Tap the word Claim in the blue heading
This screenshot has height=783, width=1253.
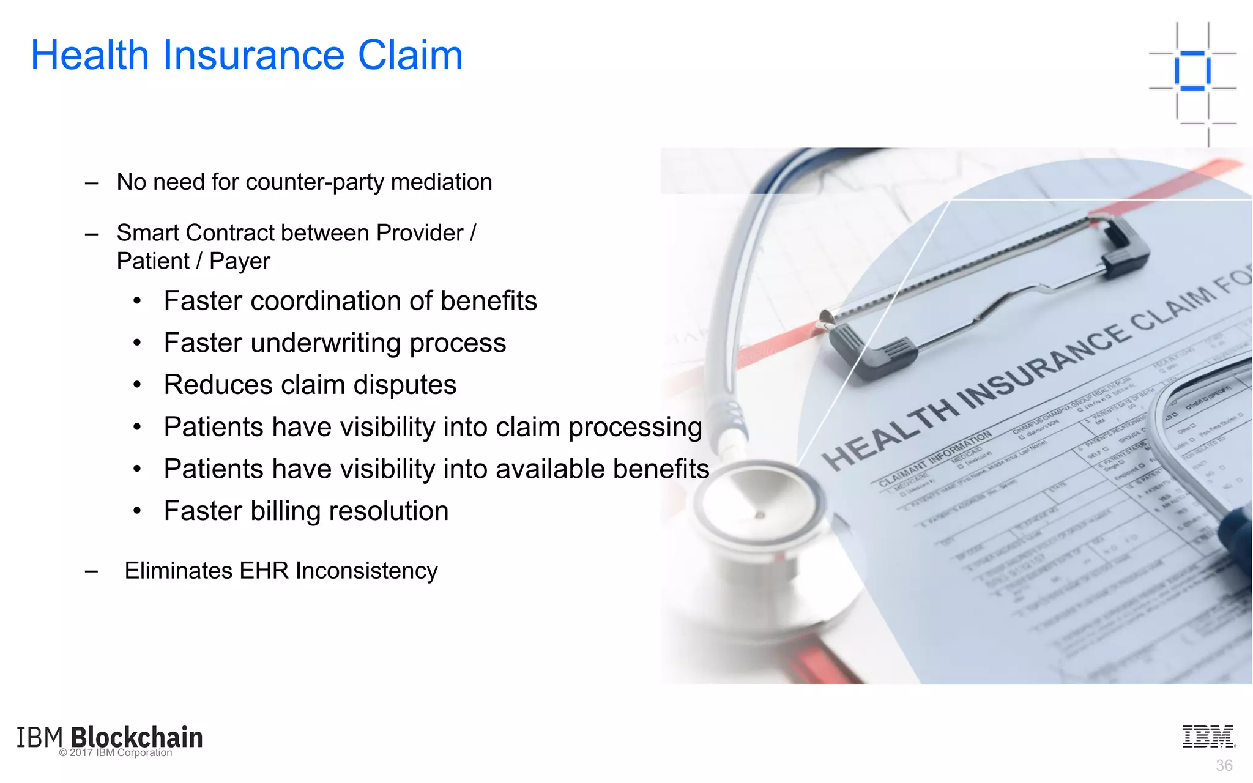[x=410, y=55]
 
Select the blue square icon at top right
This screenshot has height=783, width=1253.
[x=1192, y=71]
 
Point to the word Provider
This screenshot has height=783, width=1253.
[x=420, y=233]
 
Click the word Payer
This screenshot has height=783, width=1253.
[x=239, y=262]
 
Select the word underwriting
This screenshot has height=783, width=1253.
[x=325, y=343]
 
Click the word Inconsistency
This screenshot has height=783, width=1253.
[x=366, y=571]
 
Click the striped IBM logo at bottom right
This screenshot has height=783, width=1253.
[x=1208, y=737]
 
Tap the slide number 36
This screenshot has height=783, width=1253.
[x=1224, y=765]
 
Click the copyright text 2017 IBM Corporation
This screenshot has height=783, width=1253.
[x=116, y=753]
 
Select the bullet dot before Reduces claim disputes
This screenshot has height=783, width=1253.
[x=138, y=385]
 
